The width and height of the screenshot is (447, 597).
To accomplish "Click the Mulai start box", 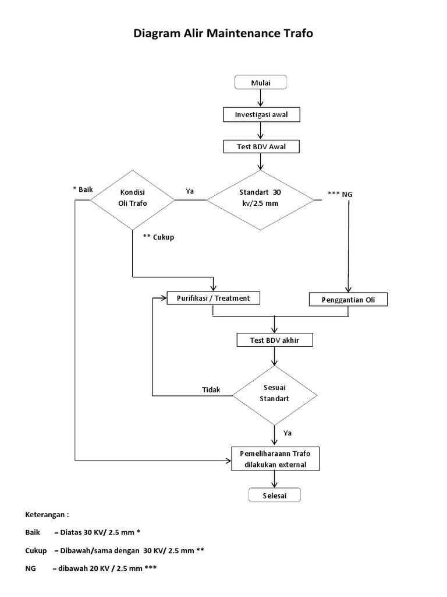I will pyautogui.click(x=261, y=83).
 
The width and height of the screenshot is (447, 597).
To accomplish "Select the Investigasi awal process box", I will pyautogui.click(x=261, y=115).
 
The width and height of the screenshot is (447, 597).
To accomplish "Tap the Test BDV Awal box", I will pyautogui.click(x=261, y=147).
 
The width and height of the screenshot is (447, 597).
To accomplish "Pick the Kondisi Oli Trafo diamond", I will pyautogui.click(x=133, y=199).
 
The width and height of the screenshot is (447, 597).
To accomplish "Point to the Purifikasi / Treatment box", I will pyautogui.click(x=213, y=298).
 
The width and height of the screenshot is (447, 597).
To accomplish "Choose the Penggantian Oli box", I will pyautogui.click(x=347, y=300).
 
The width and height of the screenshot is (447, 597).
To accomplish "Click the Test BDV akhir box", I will pyautogui.click(x=274, y=340).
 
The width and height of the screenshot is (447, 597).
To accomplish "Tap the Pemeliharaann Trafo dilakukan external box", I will pyautogui.click(x=274, y=459).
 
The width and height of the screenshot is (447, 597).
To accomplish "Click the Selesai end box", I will pyautogui.click(x=275, y=495).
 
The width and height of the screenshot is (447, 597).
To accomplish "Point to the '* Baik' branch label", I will pyautogui.click(x=83, y=189).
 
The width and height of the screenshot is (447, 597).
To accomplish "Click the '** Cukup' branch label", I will pyautogui.click(x=158, y=237).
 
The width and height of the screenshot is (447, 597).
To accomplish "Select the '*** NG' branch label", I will pyautogui.click(x=340, y=194).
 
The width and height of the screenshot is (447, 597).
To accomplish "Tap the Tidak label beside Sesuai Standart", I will pyautogui.click(x=211, y=390).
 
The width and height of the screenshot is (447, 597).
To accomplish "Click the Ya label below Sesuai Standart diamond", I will pyautogui.click(x=287, y=433).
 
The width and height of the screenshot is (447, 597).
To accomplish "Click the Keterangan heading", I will pyautogui.click(x=47, y=515).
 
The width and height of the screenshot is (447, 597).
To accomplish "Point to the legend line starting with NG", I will pyautogui.click(x=91, y=568).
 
